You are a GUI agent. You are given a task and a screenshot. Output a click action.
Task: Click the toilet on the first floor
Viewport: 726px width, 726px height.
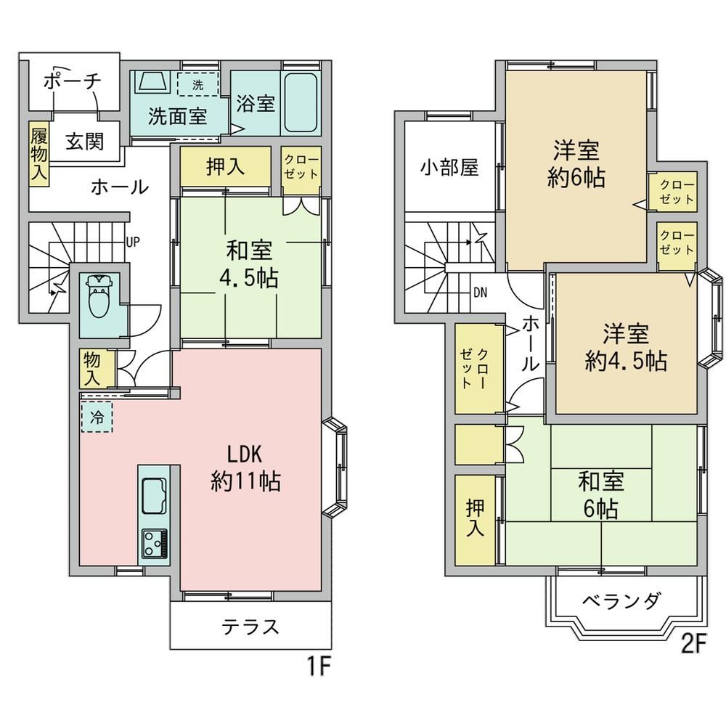[98, 295]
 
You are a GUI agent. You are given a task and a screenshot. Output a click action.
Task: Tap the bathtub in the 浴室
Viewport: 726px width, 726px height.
[301, 103]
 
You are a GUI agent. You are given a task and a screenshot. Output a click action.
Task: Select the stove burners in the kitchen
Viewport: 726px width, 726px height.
[155, 543]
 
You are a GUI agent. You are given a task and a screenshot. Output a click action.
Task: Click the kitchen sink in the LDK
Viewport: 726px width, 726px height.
[154, 497]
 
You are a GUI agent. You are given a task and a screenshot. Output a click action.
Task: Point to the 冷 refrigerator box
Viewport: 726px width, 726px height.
[97, 417]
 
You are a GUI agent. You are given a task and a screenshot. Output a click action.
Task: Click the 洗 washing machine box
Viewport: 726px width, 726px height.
[197, 84]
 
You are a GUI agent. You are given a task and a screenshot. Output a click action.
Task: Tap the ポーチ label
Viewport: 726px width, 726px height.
[72, 82]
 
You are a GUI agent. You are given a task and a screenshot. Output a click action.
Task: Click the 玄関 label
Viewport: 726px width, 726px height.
[84, 142]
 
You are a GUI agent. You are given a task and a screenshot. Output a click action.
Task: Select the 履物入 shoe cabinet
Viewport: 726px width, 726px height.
[39, 154]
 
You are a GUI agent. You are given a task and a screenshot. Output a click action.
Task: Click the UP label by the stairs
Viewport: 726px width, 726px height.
[132, 242]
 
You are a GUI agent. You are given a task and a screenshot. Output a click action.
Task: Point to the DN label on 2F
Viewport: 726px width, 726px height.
[480, 293]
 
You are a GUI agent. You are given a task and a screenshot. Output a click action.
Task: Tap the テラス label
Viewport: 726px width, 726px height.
[250, 627]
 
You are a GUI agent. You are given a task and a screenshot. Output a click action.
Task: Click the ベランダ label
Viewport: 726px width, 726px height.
[621, 601]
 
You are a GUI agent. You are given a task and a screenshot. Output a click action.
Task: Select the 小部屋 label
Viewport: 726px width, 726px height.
[449, 168]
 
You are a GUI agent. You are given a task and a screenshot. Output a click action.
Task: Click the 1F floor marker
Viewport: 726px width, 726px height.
[319, 667]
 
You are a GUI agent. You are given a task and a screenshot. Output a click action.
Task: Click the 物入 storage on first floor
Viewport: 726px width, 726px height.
[97, 369]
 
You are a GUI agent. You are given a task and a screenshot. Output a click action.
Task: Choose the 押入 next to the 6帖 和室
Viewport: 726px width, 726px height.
[475, 520]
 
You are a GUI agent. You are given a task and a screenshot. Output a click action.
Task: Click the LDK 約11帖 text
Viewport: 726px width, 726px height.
[245, 468]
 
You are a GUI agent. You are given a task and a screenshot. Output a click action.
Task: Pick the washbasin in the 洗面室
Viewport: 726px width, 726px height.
[152, 82]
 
